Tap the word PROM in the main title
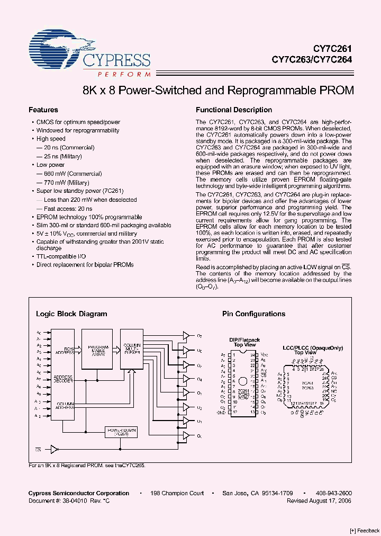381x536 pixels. coord(336,90)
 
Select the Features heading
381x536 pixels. coord(43,110)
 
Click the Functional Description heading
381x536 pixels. coord(234,110)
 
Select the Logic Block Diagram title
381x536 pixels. coord(71,314)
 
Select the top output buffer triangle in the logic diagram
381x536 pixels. coord(186,335)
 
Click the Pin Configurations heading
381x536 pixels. coord(253,314)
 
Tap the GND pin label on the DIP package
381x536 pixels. coord(221,412)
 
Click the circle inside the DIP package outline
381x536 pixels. coord(243,381)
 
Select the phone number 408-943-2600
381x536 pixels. coord(333,493)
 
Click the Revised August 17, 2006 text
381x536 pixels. coord(319,501)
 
